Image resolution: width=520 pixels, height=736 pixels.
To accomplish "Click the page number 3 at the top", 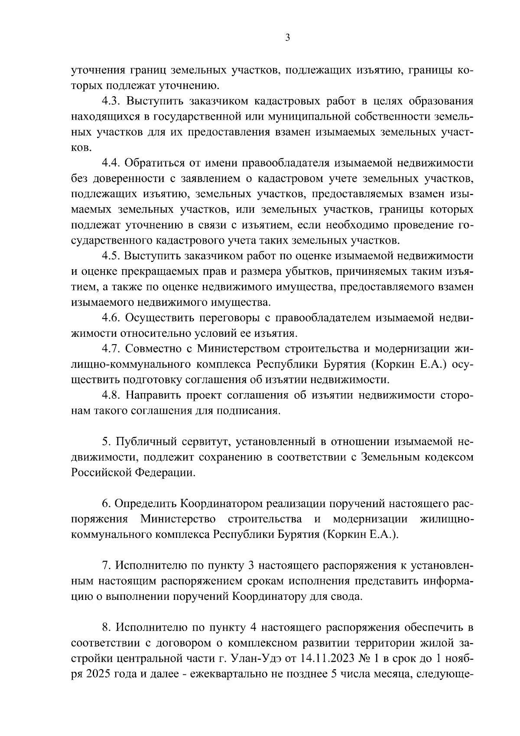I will [x=288, y=38].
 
